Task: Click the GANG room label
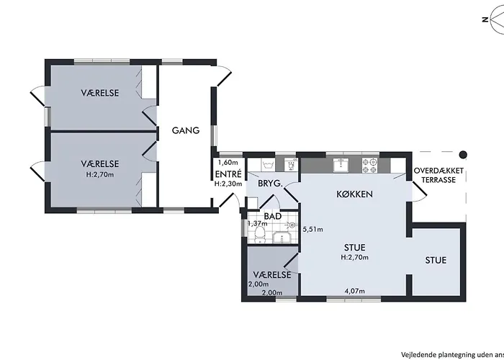(186, 130)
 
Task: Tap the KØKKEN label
(354, 194)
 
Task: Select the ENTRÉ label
(228, 174)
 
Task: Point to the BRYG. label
(270, 184)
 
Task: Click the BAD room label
(273, 216)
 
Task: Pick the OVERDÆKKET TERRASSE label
(438, 175)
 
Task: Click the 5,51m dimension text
(313, 229)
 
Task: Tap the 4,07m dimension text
(354, 291)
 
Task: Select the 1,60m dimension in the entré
(228, 162)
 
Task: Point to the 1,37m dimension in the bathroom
(257, 223)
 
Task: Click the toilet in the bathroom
(259, 235)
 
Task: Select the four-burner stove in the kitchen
(369, 166)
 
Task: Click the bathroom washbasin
(282, 237)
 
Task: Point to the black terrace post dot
(462, 155)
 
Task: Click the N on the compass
(485, 19)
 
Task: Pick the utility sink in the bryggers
(268, 165)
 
